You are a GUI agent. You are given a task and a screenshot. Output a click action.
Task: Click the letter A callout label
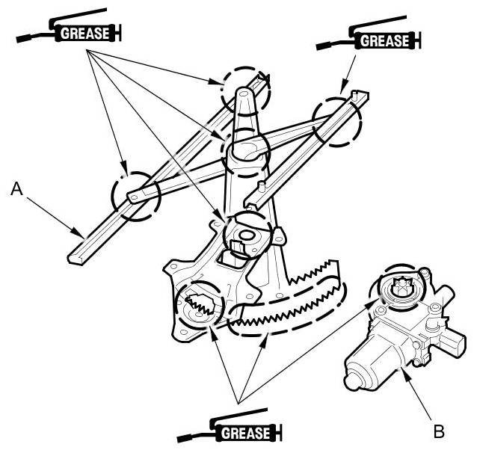point(17,192)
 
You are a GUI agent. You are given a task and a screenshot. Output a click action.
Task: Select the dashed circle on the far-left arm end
point(135,197)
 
